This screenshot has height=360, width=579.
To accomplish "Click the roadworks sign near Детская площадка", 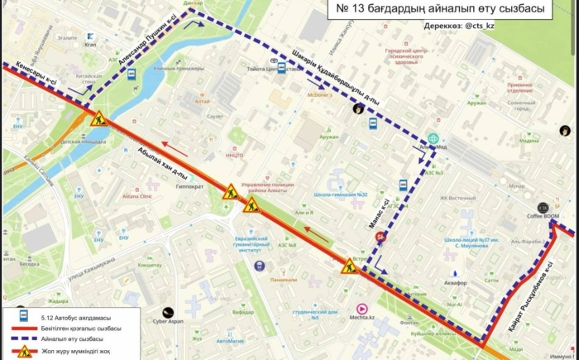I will pos(98,119).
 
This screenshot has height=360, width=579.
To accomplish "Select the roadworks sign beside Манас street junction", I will pos(349,266).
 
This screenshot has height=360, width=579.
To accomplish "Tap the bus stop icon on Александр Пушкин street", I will pos(132,74).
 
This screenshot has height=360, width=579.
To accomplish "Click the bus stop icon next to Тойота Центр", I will pos(281,69).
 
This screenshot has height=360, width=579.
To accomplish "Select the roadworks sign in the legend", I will pos(24,352).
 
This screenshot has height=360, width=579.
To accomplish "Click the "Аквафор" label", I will pos(456,282).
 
